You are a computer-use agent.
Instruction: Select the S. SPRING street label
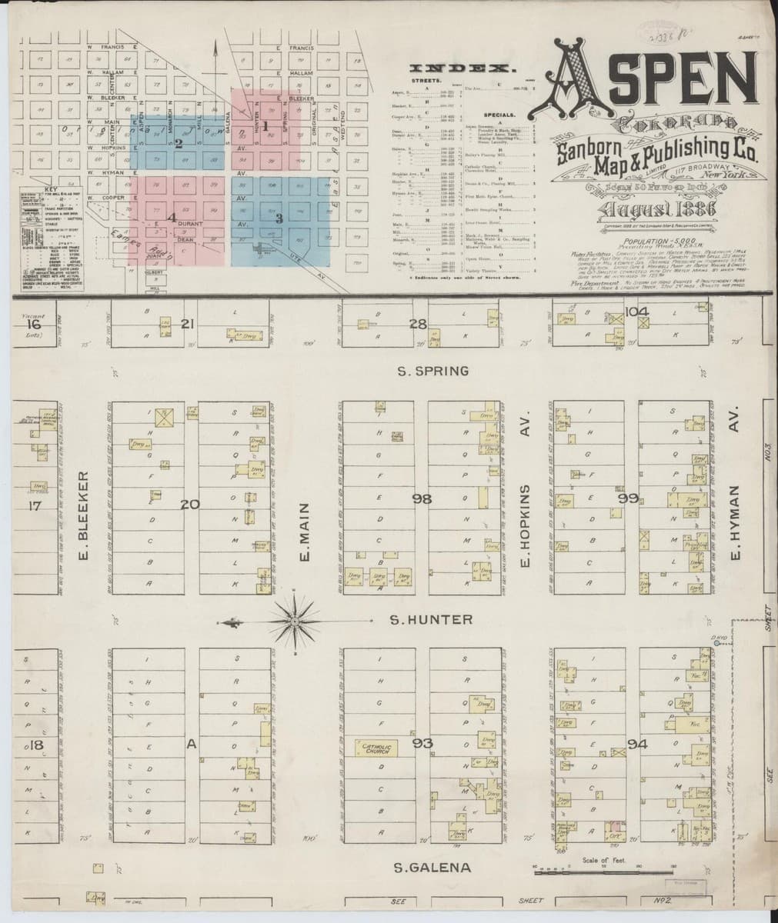[x=432, y=372]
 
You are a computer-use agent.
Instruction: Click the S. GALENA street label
[x=432, y=868]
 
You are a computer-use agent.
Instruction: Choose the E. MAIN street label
[x=304, y=531]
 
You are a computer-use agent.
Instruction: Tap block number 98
[x=421, y=500]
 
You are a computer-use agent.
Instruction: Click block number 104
[x=637, y=312]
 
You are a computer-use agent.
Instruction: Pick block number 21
[x=186, y=324]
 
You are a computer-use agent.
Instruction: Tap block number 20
[x=190, y=505]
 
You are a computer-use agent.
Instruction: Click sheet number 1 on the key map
[x=264, y=125]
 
